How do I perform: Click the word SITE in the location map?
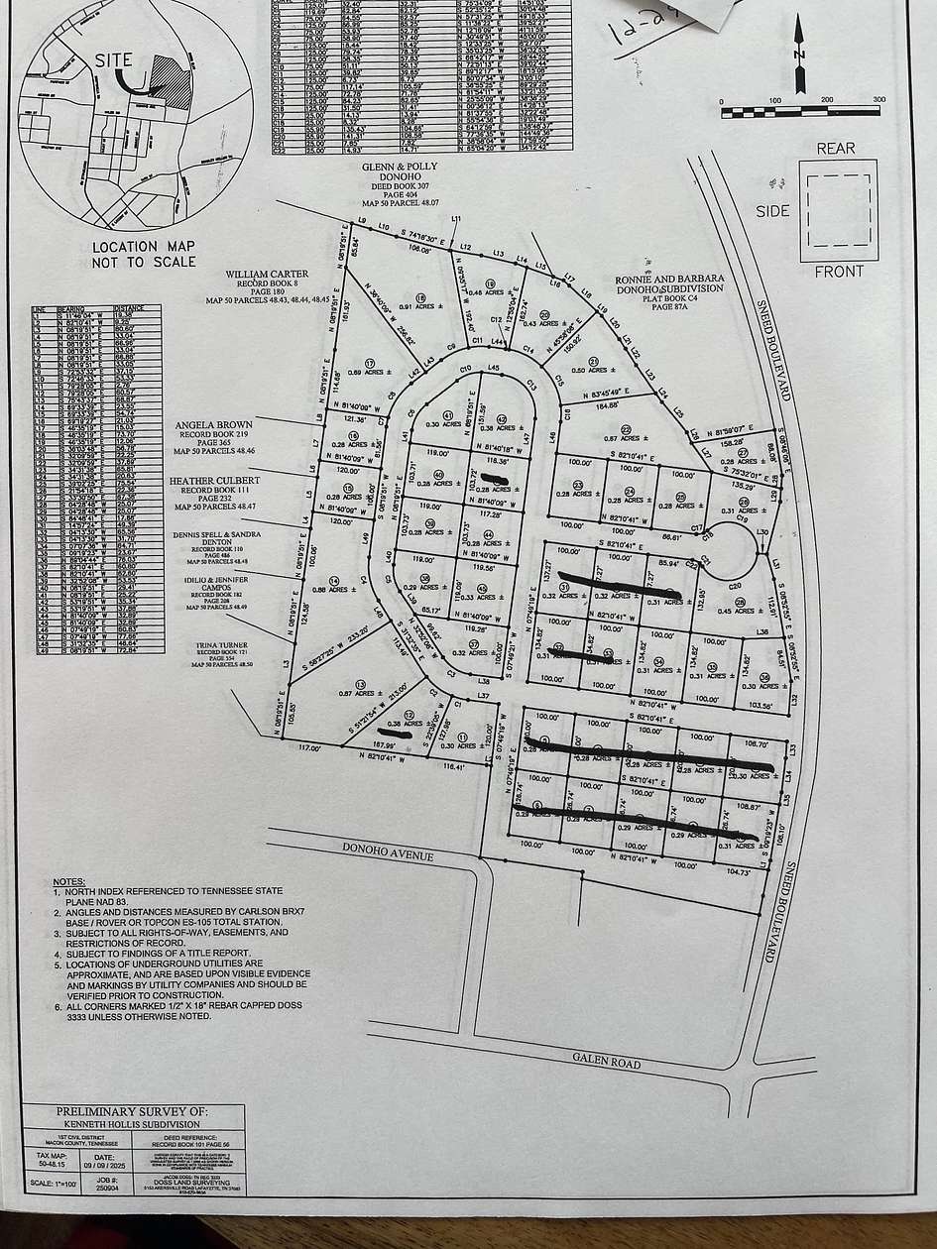click(x=113, y=59)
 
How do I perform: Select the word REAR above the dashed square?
click(x=834, y=149)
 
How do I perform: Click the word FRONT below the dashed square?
click(x=838, y=271)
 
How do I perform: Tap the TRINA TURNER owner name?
click(x=215, y=644)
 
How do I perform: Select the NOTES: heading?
click(x=70, y=881)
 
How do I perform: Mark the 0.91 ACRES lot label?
click(x=419, y=306)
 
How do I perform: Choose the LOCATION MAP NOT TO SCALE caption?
click(x=137, y=254)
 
